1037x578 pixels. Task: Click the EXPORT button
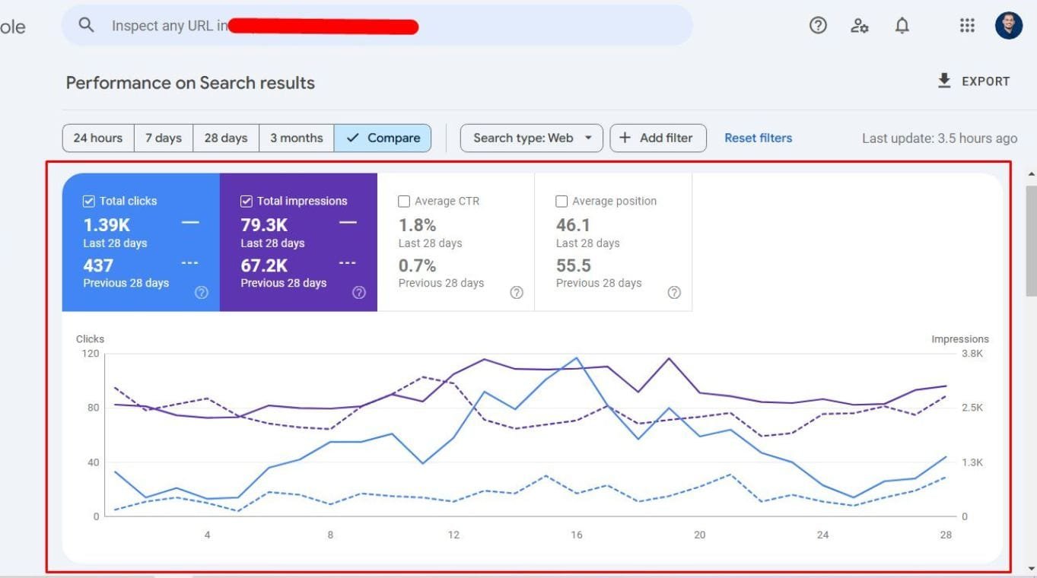coord(974,81)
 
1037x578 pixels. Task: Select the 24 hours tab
coord(98,138)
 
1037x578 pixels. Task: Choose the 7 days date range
coord(164,138)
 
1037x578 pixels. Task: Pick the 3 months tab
coord(296,138)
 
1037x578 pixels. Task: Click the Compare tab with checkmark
coord(383,138)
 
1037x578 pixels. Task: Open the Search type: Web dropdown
coord(531,138)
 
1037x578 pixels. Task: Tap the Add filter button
coord(657,138)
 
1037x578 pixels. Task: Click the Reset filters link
coord(758,138)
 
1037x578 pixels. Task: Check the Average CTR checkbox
coord(404,202)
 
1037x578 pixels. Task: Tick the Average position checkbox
coord(561,202)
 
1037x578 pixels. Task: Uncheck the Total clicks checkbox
coord(88,202)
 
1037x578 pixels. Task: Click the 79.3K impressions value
coord(264,225)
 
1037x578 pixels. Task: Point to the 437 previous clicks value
coord(98,265)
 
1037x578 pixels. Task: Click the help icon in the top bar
coord(818,26)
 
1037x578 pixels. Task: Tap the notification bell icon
coord(902,26)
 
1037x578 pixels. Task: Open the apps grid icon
coord(967,26)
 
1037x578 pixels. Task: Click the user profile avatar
coord(1009,26)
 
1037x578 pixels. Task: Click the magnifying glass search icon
coord(87,25)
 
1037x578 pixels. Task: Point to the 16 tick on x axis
coord(576,535)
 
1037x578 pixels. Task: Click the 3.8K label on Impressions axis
coord(972,354)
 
